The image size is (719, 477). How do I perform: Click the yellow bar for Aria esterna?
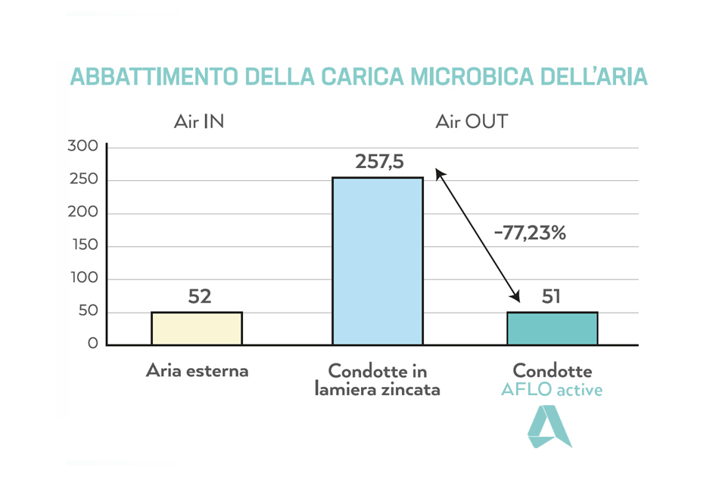coord(197,329)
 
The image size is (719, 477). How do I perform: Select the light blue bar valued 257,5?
coord(378,261)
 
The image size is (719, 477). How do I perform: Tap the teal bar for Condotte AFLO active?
coord(552,329)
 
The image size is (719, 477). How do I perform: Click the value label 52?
coord(199,296)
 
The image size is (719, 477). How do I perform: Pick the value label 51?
coord(552,296)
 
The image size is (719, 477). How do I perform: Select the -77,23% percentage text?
coord(530,233)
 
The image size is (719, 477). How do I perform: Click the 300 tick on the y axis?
coord(83,147)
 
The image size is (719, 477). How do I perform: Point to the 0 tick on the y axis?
coord(92,344)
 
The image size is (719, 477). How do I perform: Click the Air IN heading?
coord(199,121)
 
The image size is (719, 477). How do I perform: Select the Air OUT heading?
coord(472,121)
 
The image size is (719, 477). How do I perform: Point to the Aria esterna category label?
coord(197,371)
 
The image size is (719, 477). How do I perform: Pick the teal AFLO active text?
coord(552,390)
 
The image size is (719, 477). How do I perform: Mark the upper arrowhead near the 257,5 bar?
coord(439,174)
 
